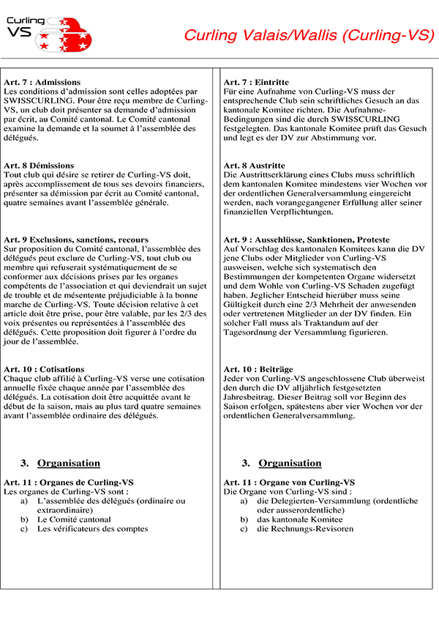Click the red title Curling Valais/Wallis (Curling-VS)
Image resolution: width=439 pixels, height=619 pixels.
tap(309, 36)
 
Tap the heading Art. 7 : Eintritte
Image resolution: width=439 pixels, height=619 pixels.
tap(256, 82)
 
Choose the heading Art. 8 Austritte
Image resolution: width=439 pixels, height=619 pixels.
tap(254, 166)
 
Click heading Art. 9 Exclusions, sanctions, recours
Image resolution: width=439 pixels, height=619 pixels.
tap(76, 240)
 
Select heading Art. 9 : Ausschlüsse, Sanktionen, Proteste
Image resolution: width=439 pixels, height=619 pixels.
tap(307, 240)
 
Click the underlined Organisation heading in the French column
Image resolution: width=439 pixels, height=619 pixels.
tap(69, 463)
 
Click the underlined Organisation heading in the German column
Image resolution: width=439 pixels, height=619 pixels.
tap(290, 463)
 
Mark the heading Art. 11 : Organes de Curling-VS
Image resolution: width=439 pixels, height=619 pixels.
tap(69, 483)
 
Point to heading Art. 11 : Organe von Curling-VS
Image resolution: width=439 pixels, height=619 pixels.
tap(289, 483)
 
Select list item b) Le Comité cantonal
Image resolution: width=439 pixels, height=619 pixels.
tap(74, 519)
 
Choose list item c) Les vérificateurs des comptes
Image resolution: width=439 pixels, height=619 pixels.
tap(92, 528)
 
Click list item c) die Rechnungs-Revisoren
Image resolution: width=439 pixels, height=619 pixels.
tap(304, 528)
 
